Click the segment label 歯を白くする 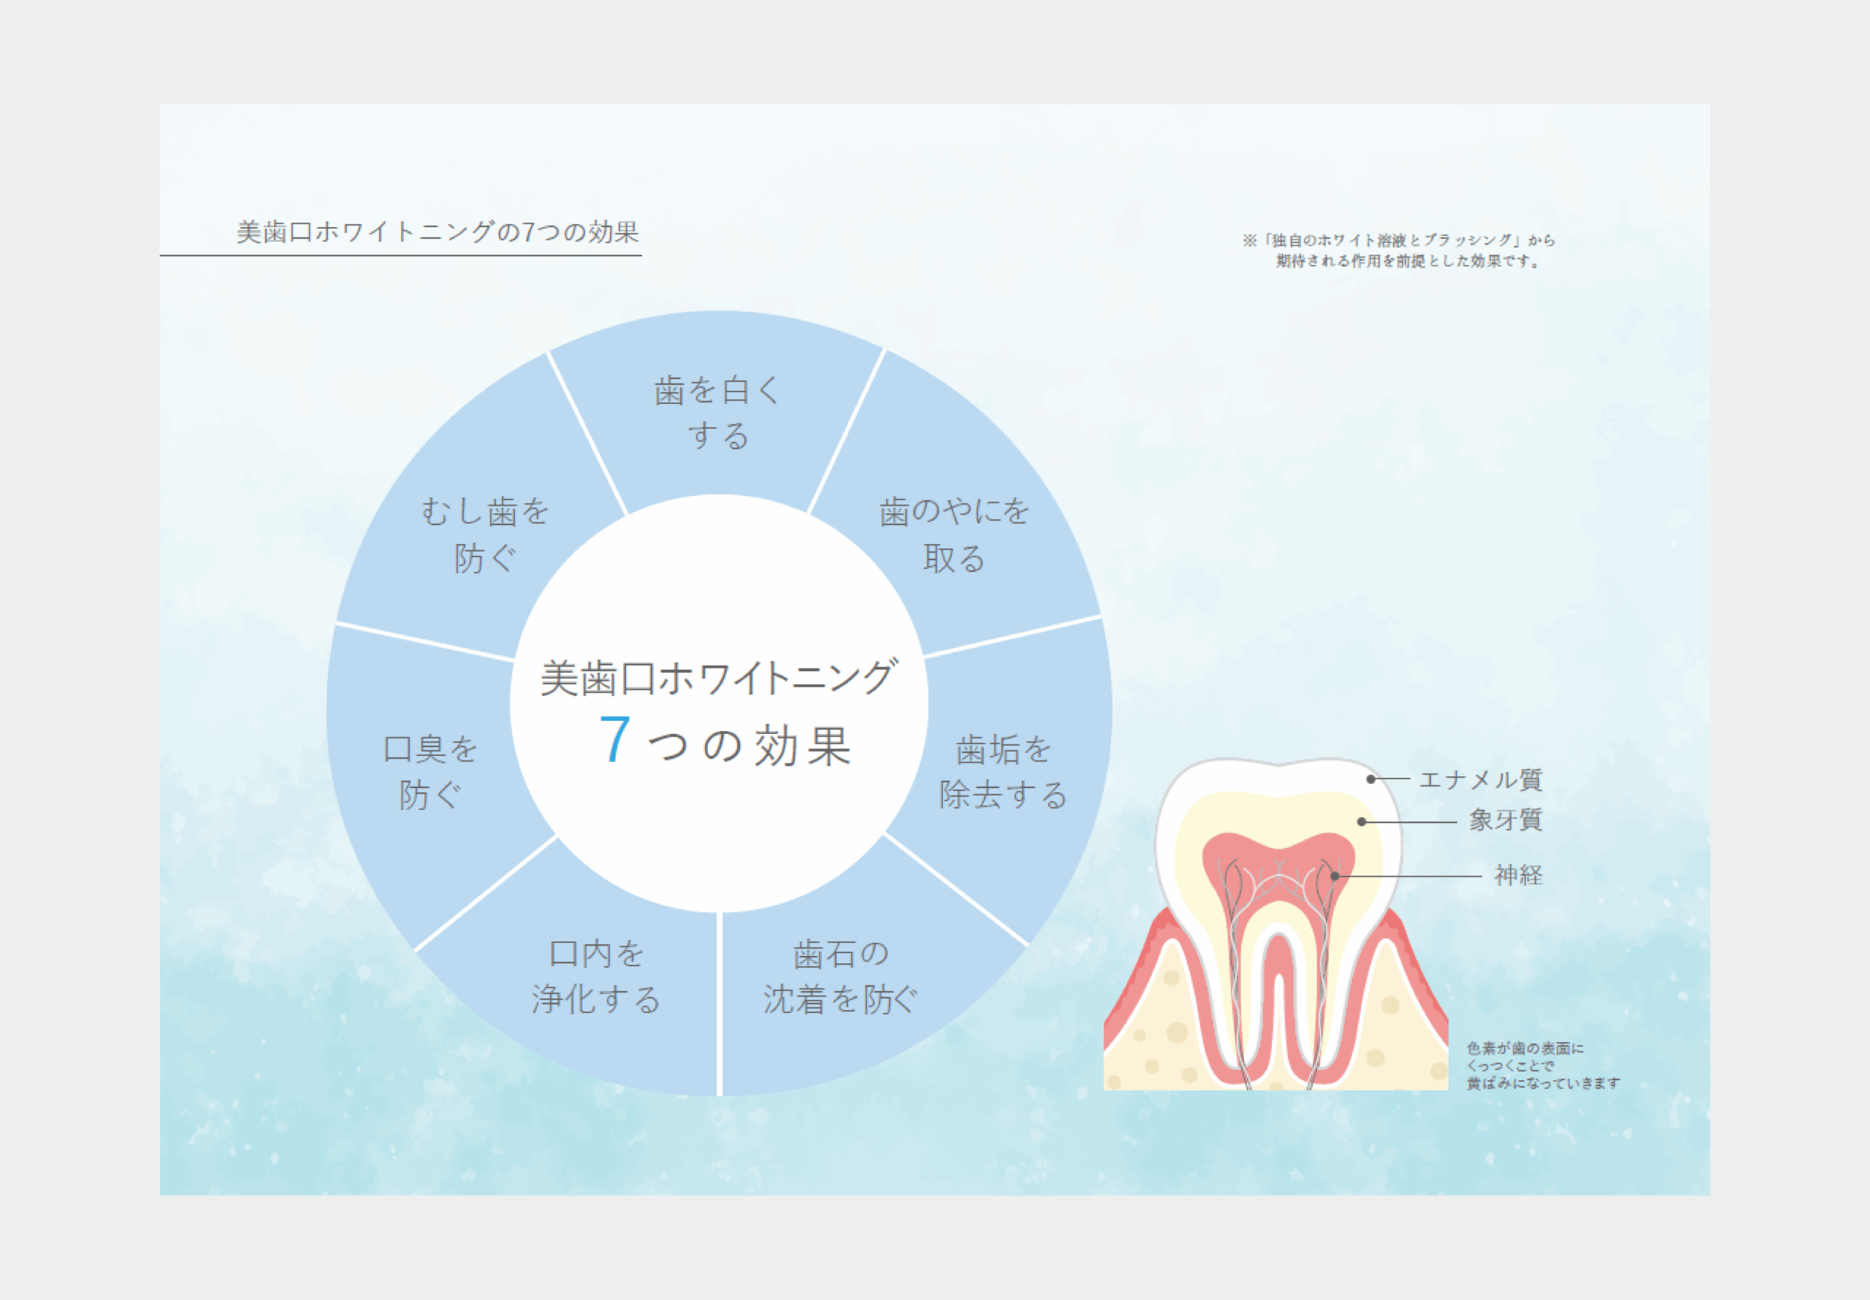717,413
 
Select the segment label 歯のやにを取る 954,535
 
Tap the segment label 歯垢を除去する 1003,771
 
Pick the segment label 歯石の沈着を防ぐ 840,976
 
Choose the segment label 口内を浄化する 596,976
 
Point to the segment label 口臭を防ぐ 430,771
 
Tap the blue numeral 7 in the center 615,741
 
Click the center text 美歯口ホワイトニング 718,678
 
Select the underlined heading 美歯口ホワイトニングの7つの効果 438,233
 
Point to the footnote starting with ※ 1397,250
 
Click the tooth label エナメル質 1480,779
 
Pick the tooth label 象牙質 1505,819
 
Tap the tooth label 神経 1518,875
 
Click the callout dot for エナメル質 1371,779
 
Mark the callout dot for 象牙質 1362,822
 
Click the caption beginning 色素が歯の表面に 1542,1066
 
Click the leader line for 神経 1409,876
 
